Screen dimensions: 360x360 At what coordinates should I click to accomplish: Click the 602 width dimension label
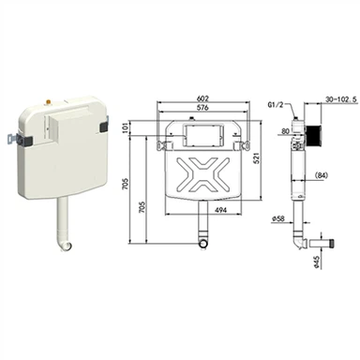coord(202,98)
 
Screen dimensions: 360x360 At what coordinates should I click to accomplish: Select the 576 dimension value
coord(202,108)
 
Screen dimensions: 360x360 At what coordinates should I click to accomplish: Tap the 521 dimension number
coord(257,159)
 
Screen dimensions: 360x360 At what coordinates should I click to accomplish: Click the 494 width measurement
coord(221,210)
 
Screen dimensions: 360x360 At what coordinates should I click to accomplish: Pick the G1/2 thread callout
coord(276,105)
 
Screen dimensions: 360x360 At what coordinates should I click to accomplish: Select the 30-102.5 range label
coord(341,99)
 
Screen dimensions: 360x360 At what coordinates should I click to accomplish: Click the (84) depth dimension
coord(321,175)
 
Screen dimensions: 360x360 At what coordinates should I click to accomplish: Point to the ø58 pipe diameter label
coord(277,219)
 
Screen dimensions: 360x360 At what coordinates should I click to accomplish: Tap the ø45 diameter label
coord(316,262)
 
